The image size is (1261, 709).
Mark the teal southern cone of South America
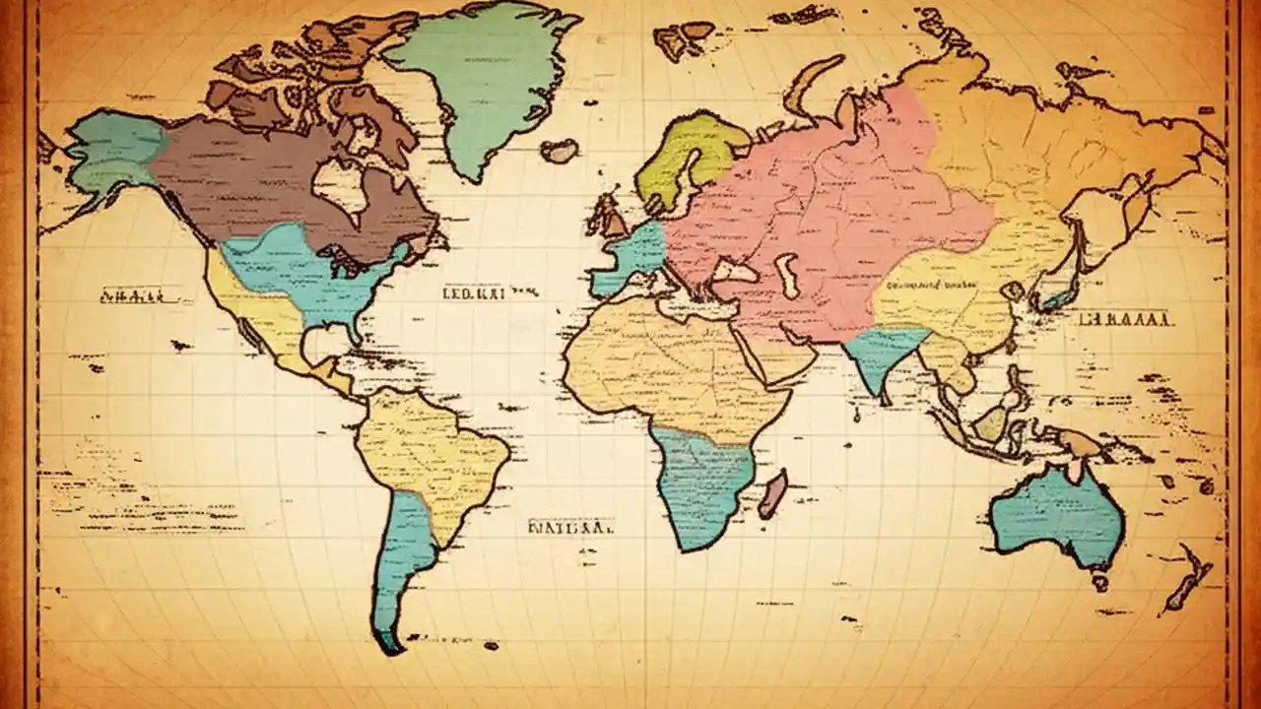[399, 561]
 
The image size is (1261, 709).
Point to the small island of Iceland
[560, 151]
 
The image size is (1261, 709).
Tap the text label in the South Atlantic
[571, 527]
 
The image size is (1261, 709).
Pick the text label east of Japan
[1123, 319]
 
